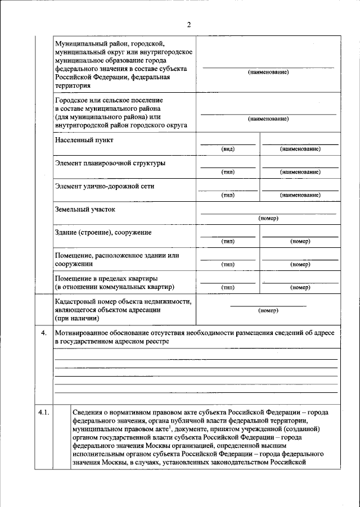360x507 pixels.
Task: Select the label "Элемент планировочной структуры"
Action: click(x=110, y=163)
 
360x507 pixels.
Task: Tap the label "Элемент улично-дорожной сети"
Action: click(x=105, y=185)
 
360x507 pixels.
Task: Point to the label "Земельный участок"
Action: click(x=85, y=209)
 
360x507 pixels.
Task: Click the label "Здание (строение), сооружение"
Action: click(x=103, y=232)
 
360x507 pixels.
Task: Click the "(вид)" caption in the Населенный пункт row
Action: click(x=228, y=149)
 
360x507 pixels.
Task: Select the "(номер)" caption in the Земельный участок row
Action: click(x=268, y=218)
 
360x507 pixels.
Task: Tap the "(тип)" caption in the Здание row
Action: click(x=228, y=241)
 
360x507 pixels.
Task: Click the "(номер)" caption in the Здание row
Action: click(x=300, y=241)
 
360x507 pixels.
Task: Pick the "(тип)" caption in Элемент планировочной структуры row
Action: click(x=228, y=172)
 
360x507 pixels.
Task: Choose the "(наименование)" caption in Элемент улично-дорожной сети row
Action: click(x=300, y=195)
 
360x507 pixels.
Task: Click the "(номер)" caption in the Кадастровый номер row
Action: click(x=268, y=310)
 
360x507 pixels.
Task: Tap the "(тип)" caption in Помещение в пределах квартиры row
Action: click(x=228, y=287)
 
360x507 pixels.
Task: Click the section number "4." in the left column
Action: click(x=43, y=333)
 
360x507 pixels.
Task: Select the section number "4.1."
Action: click(x=44, y=413)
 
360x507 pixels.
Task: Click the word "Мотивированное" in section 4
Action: click(x=83, y=333)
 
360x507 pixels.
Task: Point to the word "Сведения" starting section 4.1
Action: click(x=89, y=413)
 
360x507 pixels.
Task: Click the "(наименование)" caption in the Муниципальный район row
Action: click(x=268, y=73)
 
